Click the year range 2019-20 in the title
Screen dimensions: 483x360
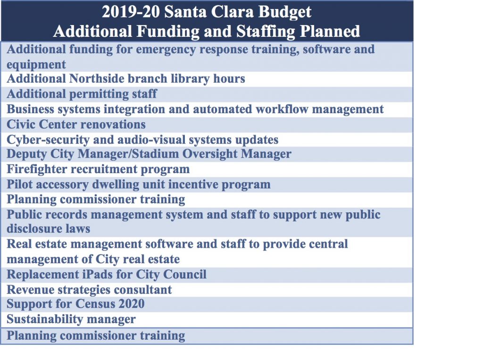pyautogui.click(x=131, y=12)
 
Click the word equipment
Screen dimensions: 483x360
pyautogui.click(x=36, y=65)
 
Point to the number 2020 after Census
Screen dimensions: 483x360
pyautogui.click(x=132, y=304)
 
